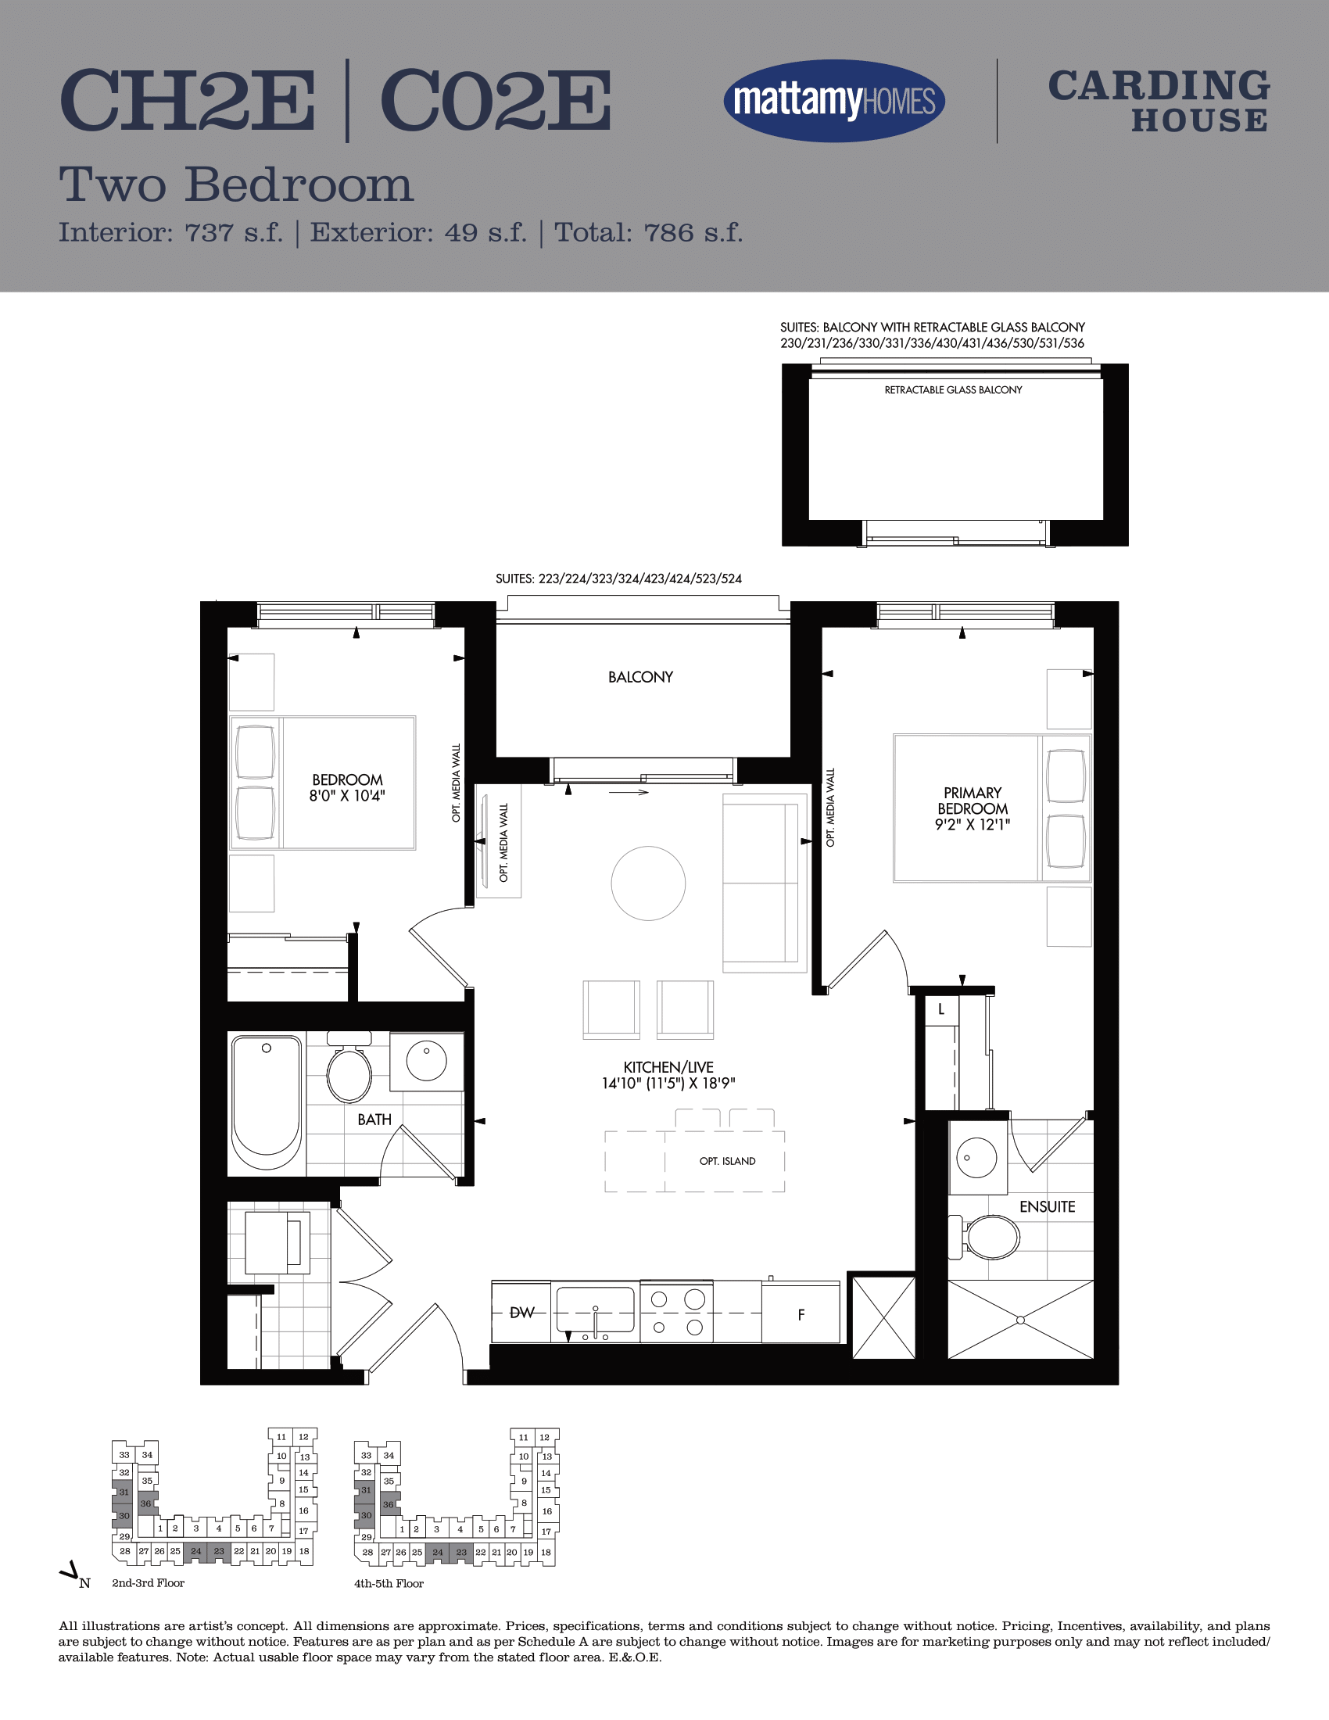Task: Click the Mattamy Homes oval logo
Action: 834,101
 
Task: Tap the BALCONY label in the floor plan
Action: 640,677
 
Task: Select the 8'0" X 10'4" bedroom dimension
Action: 347,795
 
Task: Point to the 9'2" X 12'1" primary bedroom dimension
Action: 973,825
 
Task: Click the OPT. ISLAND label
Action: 728,1161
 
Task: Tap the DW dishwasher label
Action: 522,1312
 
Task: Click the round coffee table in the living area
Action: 648,883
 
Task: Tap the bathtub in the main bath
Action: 267,1102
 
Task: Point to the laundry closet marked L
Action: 940,1009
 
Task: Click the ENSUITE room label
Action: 1047,1206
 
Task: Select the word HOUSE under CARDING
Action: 1200,120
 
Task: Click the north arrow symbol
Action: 70,1572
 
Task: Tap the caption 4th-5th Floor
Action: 389,1584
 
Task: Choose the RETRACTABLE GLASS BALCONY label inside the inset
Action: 953,390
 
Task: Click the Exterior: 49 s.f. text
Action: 418,232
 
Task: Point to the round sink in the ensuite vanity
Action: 976,1158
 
